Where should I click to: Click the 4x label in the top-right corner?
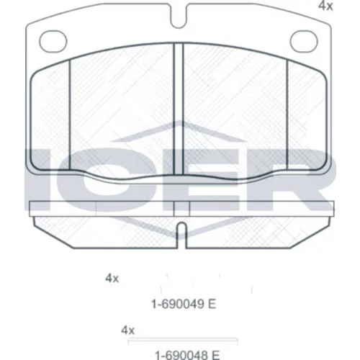click(x=325, y=6)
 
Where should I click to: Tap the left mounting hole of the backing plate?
click(x=53, y=41)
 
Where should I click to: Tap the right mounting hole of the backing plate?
click(x=304, y=41)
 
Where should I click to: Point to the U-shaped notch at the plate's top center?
click(x=179, y=17)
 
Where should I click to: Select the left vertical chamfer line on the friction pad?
click(x=70, y=114)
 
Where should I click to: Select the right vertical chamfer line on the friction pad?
click(x=287, y=114)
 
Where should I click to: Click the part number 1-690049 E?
click(x=184, y=305)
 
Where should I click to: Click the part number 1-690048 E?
click(x=187, y=355)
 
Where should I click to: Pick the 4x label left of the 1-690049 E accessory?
click(x=112, y=279)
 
